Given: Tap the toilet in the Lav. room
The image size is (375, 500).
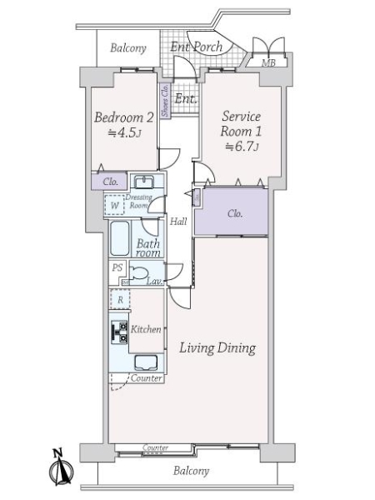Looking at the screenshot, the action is click(x=139, y=273).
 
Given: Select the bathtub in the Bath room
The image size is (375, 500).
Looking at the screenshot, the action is click(x=119, y=238).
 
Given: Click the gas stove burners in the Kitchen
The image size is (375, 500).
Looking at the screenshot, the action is click(x=119, y=332).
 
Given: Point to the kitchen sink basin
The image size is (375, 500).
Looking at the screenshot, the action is click(x=146, y=362).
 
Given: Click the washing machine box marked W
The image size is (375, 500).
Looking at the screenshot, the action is click(x=114, y=205).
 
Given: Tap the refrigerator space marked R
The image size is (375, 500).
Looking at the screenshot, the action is click(x=120, y=299).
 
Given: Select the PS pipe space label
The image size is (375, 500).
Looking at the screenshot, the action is click(x=117, y=267).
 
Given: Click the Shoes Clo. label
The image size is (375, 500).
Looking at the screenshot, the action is click(x=165, y=101).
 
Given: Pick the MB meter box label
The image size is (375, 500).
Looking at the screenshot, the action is click(x=268, y=62).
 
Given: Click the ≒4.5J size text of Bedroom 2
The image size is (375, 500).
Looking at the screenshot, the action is click(x=124, y=132).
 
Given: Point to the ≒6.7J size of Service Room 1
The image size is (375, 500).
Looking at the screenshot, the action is click(x=242, y=147).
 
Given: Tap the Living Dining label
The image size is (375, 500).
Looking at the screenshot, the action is click(x=217, y=347).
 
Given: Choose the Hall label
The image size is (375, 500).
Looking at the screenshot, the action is click(x=178, y=222).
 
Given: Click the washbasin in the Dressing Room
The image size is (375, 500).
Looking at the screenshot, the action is click(x=144, y=182).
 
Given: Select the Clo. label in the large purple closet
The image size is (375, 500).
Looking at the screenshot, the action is click(x=235, y=213).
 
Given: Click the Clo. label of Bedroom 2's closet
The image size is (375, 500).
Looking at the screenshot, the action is click(x=110, y=182).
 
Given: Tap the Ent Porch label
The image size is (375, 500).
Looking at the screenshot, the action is click(x=196, y=47).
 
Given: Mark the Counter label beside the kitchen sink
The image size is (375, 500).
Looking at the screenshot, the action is click(x=146, y=378).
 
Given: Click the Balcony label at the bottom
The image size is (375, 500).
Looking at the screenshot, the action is click(x=191, y=471).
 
